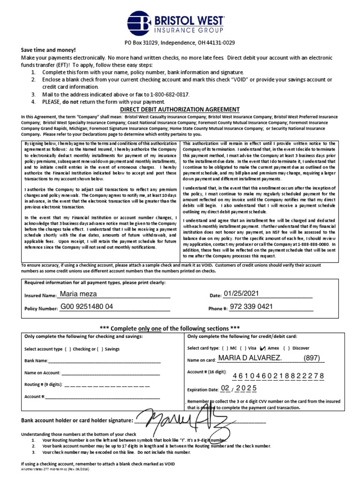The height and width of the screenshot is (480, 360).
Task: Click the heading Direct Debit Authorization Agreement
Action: click(x=180, y=109)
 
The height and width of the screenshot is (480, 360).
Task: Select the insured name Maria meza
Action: click(x=79, y=294)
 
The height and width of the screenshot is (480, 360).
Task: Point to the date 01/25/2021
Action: click(x=241, y=294)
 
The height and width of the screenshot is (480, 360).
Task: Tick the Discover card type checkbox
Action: click(x=286, y=348)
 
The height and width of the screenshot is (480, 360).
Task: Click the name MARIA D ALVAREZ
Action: click(x=250, y=358)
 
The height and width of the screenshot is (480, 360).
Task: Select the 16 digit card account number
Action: click(x=278, y=376)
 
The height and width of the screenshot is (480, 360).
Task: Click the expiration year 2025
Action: click(x=244, y=389)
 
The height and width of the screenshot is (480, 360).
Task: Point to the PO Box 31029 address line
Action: click(x=180, y=42)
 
